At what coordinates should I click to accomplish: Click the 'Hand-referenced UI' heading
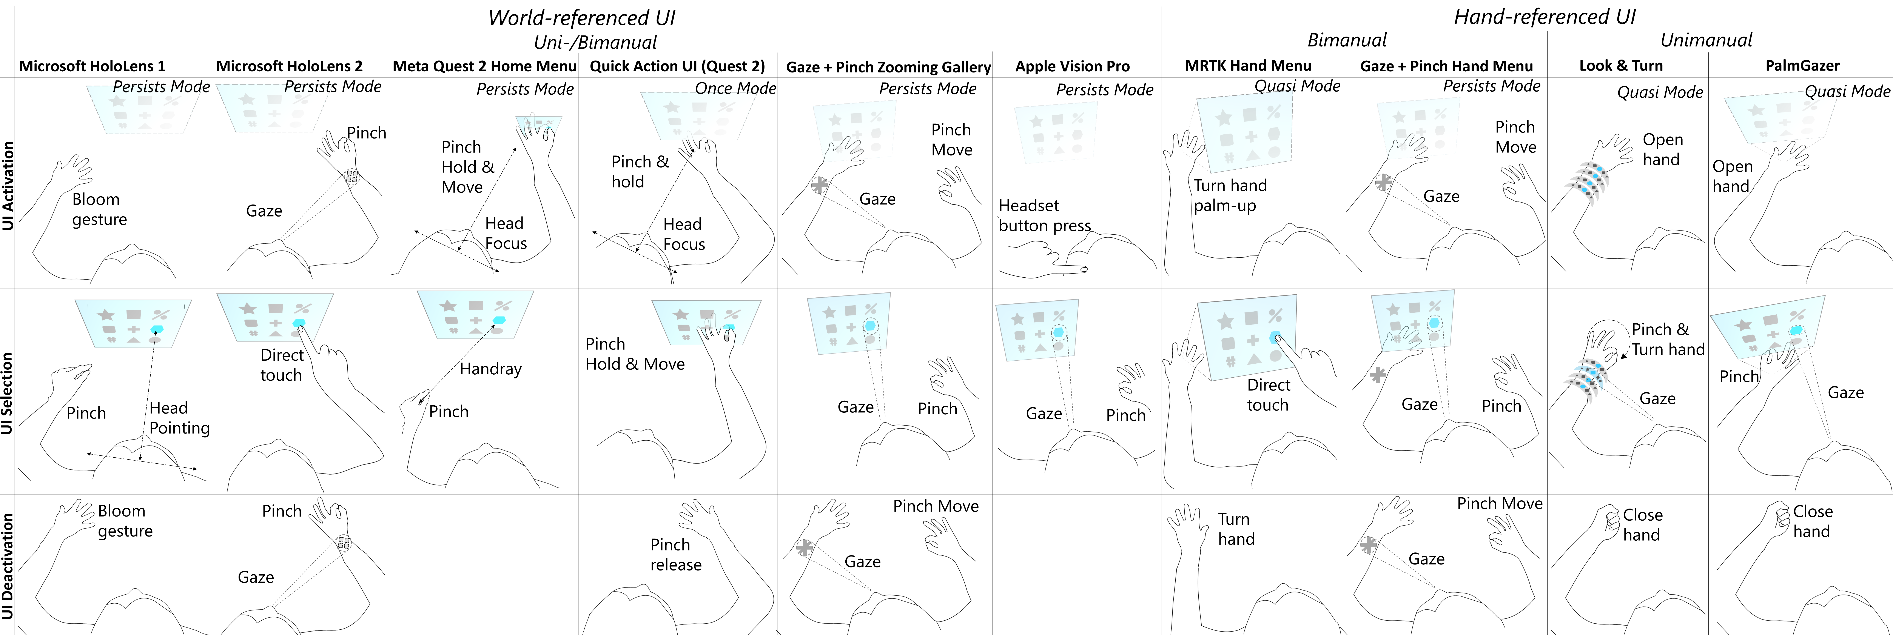[x=1545, y=17]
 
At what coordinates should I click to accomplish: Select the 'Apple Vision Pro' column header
[x=1072, y=66]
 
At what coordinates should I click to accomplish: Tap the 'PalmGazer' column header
[x=1803, y=65]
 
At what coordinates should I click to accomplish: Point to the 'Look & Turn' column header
[x=1621, y=65]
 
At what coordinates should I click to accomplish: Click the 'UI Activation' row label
[x=8, y=187]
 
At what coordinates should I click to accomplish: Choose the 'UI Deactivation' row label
[x=8, y=567]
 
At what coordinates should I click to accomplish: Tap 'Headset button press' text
[x=1044, y=215]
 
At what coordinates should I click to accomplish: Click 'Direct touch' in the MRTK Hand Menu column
[x=1268, y=395]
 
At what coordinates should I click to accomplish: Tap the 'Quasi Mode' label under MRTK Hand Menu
[x=1297, y=86]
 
